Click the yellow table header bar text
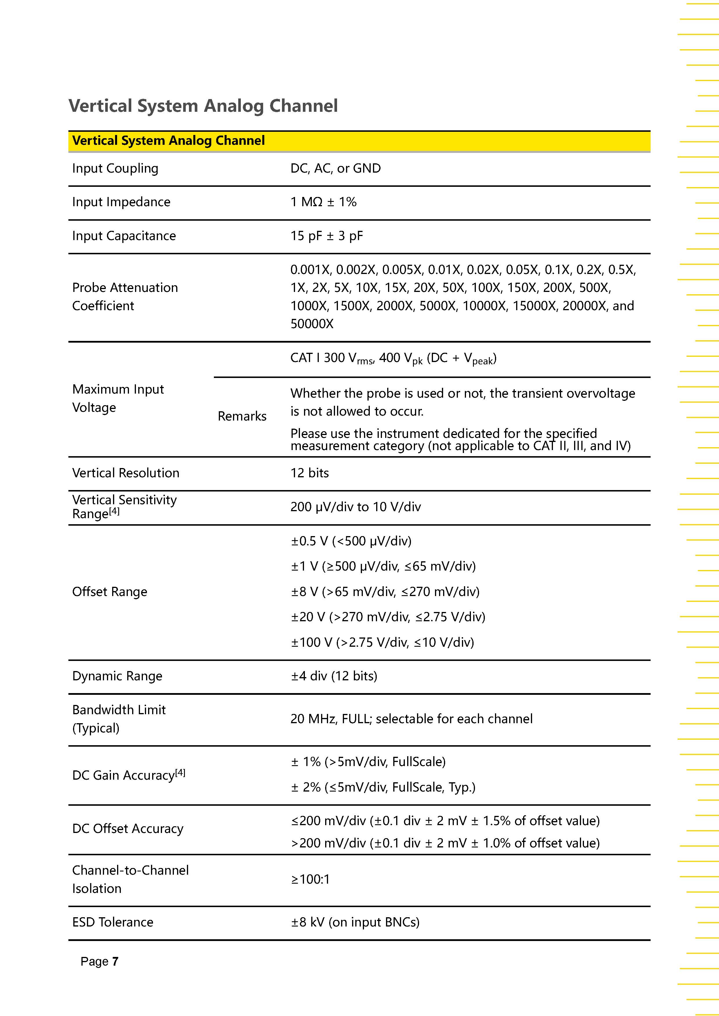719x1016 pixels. (x=168, y=141)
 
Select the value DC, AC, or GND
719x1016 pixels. (x=335, y=169)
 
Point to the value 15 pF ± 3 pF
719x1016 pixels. (x=326, y=236)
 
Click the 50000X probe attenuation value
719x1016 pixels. (x=312, y=324)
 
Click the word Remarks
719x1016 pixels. (x=242, y=416)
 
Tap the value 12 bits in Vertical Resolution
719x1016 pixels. (x=310, y=473)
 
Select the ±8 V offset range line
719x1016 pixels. (x=385, y=592)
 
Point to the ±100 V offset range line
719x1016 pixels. (x=382, y=642)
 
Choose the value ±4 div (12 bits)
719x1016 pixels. (x=334, y=676)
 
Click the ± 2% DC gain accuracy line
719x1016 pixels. (x=383, y=787)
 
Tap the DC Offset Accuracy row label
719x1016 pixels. (x=128, y=829)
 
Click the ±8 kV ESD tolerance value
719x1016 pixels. (x=355, y=922)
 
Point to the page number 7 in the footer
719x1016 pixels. (x=115, y=962)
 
